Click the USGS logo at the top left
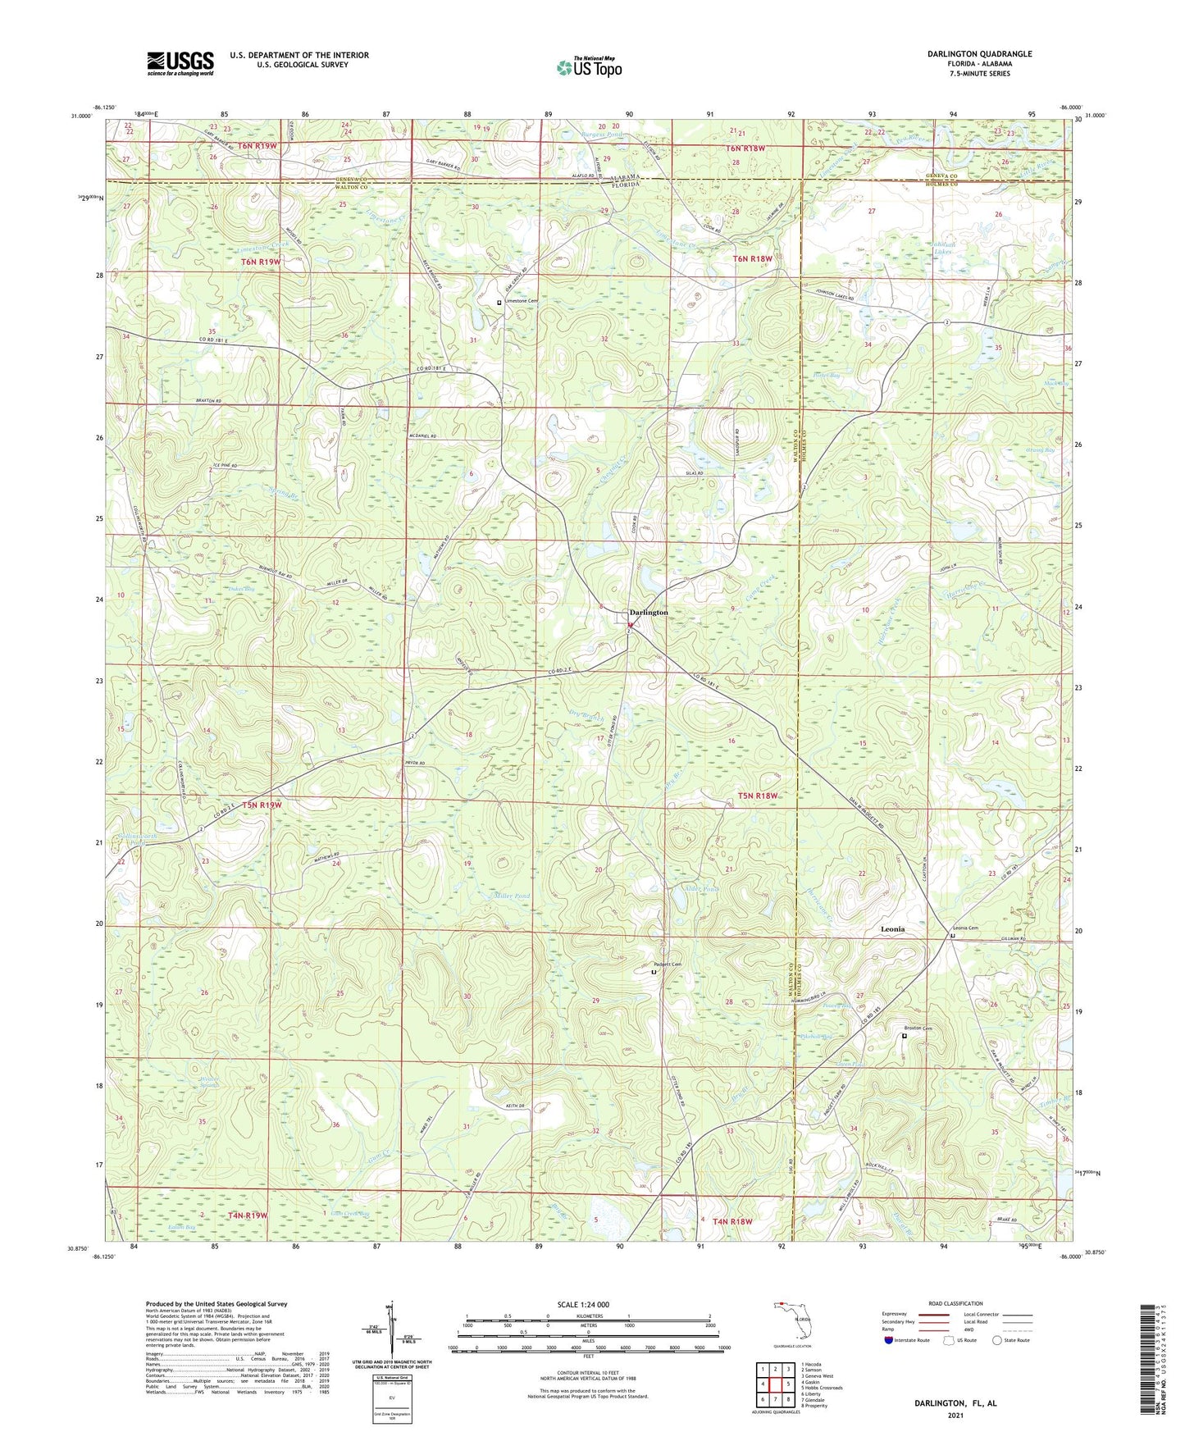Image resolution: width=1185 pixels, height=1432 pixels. pos(180,62)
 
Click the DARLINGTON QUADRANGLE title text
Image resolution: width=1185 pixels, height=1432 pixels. pos(979,54)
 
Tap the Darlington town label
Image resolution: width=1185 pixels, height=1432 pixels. pos(649,613)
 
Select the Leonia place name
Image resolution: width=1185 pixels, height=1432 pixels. pos(892,929)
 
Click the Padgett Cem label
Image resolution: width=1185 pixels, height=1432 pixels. pos(668,965)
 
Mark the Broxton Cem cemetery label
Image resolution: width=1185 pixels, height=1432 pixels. pos(917,1028)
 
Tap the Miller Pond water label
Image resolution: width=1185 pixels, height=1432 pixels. pos(512,896)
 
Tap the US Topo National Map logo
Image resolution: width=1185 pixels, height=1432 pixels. pos(589,67)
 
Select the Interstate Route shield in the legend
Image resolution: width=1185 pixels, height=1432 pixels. pos(891,1340)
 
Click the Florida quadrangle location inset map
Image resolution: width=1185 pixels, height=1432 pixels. pos(791,1322)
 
